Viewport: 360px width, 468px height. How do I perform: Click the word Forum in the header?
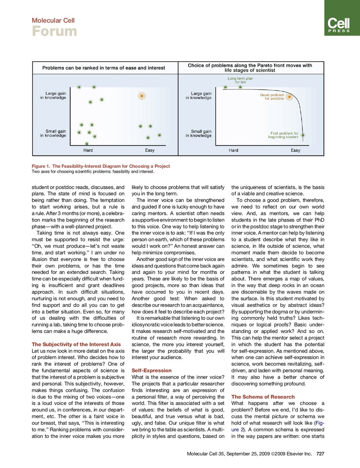click(54, 31)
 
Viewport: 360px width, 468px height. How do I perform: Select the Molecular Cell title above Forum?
click(53, 20)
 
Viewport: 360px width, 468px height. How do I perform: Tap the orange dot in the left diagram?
click(142, 95)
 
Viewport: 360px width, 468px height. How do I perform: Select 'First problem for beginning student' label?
click(284, 135)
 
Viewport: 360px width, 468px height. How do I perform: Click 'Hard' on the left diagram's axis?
click(88, 150)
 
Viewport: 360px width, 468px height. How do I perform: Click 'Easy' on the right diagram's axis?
click(295, 150)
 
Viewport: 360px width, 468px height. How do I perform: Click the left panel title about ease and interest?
click(104, 68)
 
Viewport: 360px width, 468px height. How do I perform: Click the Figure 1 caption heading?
click(101, 166)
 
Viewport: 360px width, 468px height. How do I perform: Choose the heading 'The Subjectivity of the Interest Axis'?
click(76, 344)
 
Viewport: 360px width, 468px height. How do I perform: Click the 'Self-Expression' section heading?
click(152, 370)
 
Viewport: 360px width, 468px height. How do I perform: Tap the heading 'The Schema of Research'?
click(263, 397)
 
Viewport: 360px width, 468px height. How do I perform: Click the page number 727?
click(321, 454)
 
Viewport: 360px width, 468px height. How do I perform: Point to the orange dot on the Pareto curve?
click(289, 96)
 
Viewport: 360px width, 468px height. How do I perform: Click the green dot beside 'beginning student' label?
click(303, 135)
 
